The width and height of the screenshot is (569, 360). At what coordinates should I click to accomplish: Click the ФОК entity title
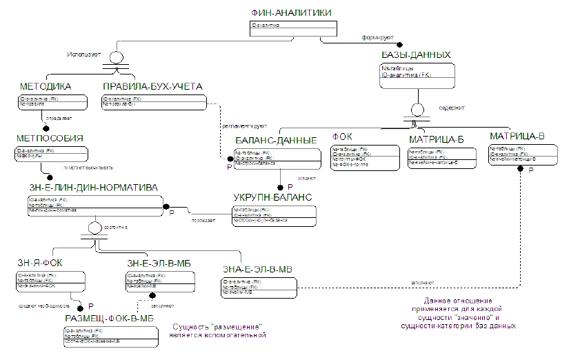342,137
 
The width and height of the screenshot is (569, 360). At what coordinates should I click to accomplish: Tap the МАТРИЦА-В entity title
517,137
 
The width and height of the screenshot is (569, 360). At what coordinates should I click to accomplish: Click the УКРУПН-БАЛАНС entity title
273,197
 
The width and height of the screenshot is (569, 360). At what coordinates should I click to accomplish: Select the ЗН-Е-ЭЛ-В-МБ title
159,263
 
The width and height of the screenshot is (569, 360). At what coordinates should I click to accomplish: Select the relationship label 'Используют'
84,53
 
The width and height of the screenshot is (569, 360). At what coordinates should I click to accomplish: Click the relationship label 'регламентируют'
242,126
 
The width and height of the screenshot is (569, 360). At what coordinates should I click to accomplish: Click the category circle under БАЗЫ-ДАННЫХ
417,109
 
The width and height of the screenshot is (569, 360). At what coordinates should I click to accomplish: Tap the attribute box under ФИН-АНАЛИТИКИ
293,28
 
